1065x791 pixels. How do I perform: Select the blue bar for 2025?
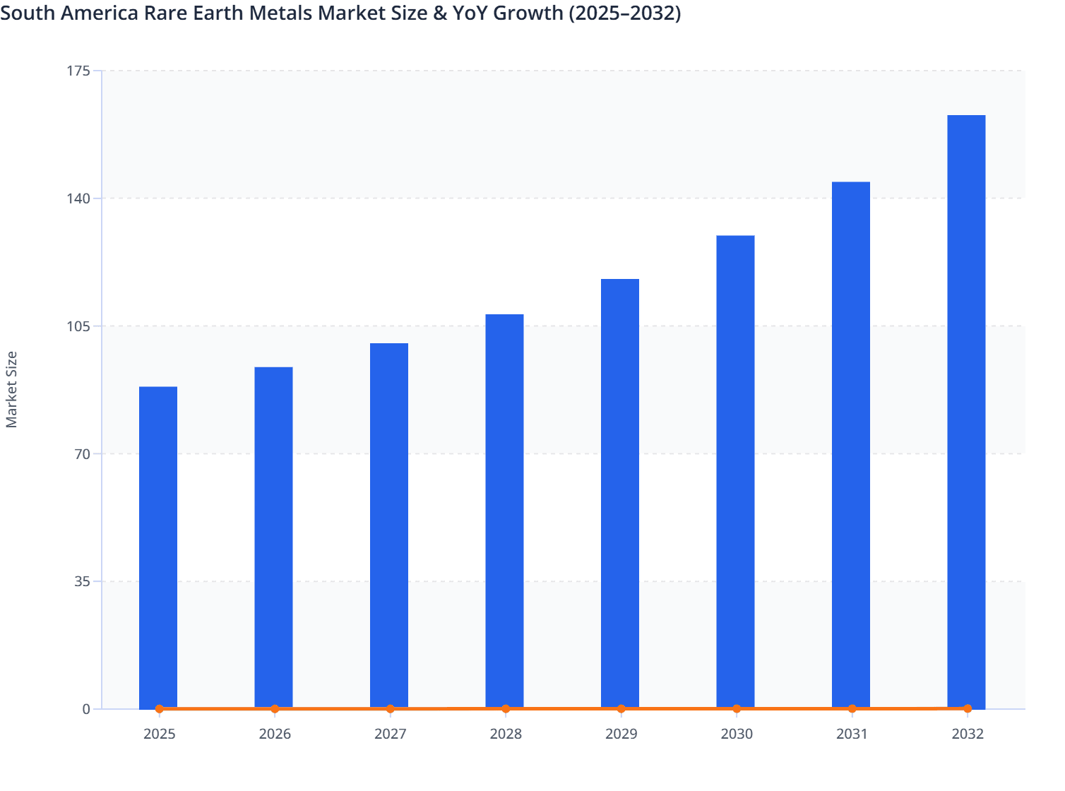click(x=158, y=547)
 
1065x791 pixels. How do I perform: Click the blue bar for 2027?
click(x=389, y=525)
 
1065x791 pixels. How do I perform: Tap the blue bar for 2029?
click(x=620, y=494)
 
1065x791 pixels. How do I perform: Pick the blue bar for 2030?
click(x=735, y=472)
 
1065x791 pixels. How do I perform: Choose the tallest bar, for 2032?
click(x=966, y=412)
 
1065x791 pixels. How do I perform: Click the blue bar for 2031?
click(x=851, y=445)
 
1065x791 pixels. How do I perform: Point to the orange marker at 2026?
click(x=275, y=709)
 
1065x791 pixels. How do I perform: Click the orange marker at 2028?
click(x=506, y=709)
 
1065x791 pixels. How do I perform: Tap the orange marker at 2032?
click(x=968, y=708)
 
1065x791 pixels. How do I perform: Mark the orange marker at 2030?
click(x=737, y=709)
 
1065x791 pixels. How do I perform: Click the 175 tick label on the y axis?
click(x=80, y=71)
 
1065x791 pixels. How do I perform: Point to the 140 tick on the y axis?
click(x=80, y=198)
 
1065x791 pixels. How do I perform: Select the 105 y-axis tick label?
click(x=80, y=326)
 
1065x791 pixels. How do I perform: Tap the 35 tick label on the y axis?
click(x=83, y=582)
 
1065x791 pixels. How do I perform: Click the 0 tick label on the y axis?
click(x=86, y=709)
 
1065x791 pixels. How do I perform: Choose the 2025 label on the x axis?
click(x=160, y=734)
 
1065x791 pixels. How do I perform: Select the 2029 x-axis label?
click(x=621, y=734)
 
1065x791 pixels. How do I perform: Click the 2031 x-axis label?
click(x=852, y=734)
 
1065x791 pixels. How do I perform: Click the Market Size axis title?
click(x=12, y=389)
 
